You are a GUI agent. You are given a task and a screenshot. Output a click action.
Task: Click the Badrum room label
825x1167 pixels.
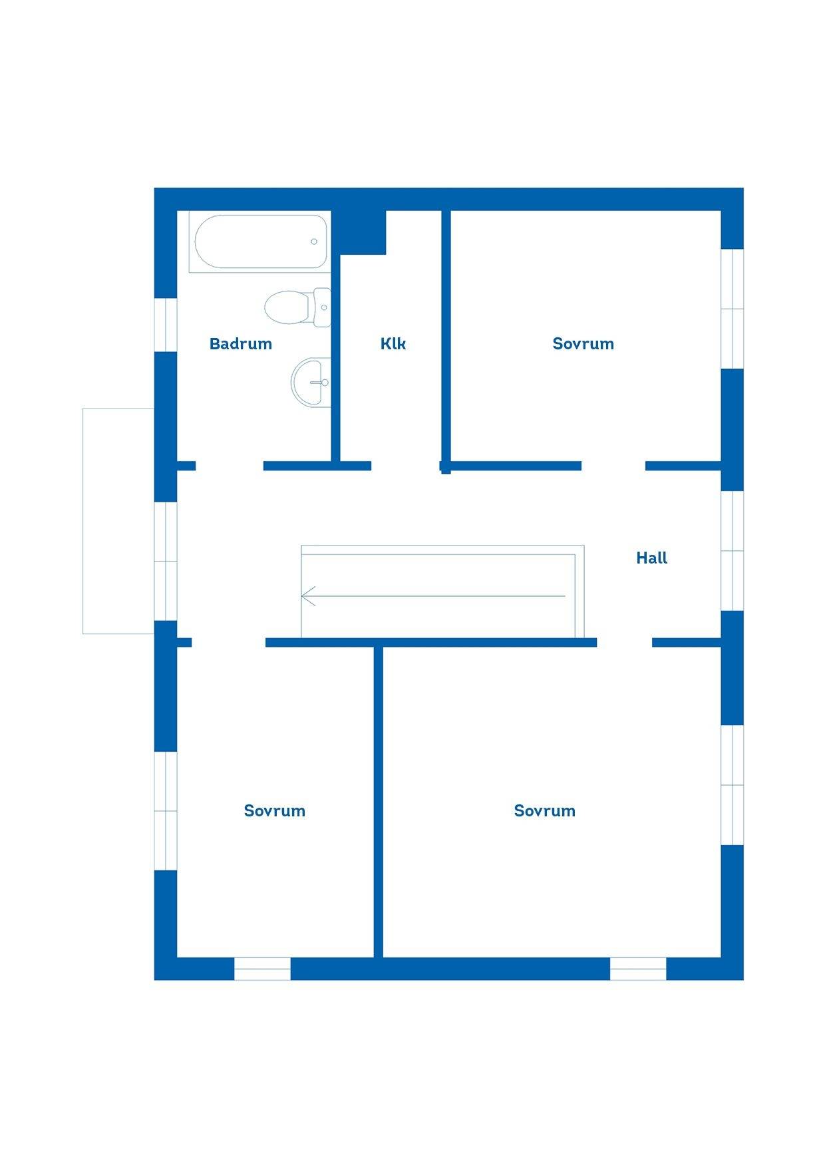click(240, 344)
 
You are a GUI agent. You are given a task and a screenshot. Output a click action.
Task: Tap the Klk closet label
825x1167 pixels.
click(393, 343)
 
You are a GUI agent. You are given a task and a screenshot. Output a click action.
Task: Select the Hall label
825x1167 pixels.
click(651, 558)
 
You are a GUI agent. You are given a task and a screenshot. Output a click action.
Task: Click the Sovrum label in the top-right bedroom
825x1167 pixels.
click(583, 344)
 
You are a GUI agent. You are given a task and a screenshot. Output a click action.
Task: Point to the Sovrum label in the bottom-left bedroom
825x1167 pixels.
click(274, 811)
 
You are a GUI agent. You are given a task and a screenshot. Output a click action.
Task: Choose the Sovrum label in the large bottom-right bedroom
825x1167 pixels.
click(544, 811)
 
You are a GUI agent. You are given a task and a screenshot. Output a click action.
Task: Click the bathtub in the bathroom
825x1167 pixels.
click(260, 242)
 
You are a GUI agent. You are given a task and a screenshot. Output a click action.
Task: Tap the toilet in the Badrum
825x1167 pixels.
click(298, 307)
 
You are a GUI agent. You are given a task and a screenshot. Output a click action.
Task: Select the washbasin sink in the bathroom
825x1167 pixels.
click(311, 383)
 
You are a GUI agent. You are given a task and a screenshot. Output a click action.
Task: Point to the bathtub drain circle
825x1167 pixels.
click(314, 242)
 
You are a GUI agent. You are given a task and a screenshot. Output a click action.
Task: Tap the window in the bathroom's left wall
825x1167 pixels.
click(166, 325)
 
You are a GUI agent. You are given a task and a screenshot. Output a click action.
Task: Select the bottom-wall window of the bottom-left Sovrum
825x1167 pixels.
click(262, 969)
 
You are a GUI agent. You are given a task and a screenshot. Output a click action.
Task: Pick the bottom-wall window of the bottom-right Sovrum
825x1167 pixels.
click(638, 969)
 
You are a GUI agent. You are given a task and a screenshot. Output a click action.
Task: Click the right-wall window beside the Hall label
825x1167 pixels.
click(733, 551)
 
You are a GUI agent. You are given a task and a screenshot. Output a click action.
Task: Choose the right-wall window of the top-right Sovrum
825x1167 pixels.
click(733, 309)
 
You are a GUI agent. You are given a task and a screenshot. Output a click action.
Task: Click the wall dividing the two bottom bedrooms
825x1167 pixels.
click(378, 802)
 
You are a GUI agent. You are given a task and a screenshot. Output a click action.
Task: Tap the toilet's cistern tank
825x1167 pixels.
click(323, 307)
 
